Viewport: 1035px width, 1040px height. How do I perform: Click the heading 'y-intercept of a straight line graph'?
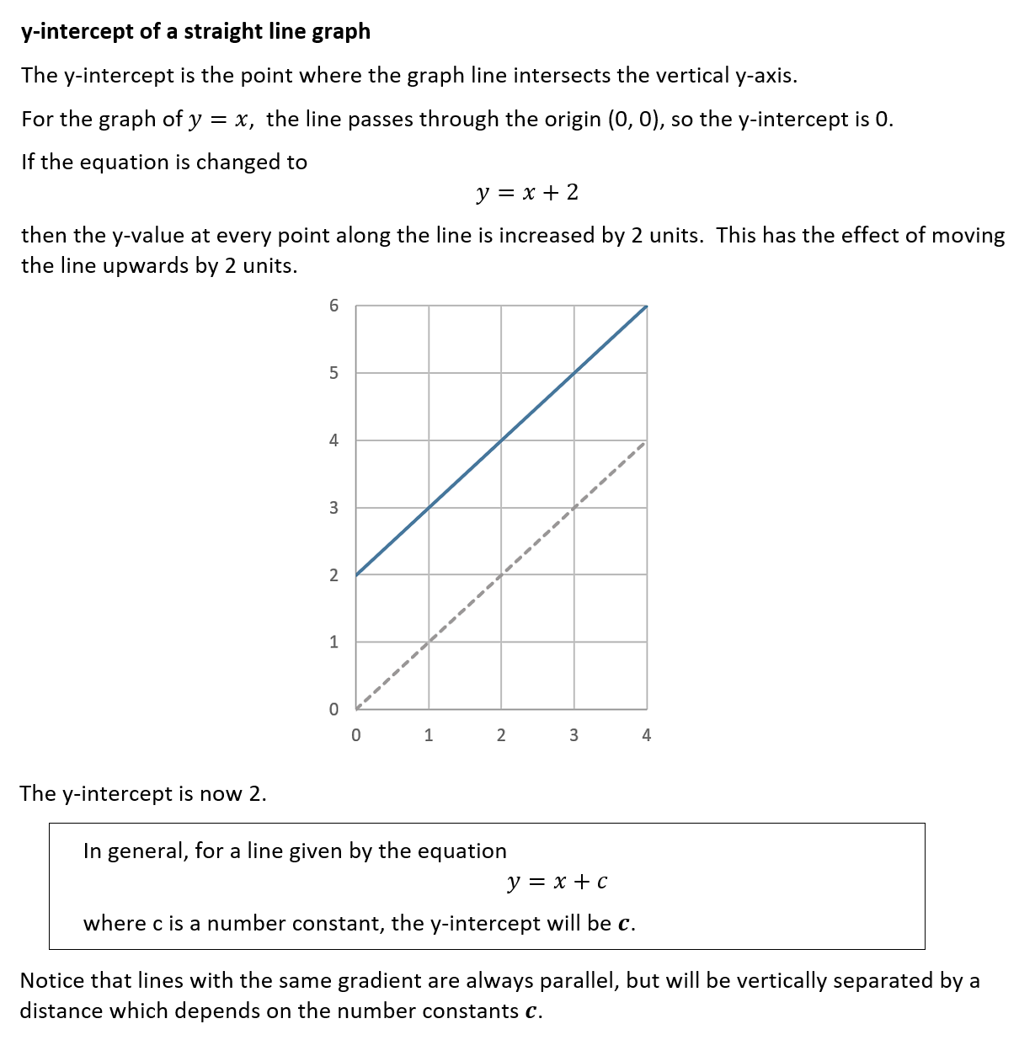(195, 31)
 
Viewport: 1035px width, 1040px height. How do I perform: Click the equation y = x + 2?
(527, 193)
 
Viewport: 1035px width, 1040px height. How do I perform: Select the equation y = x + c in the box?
(558, 882)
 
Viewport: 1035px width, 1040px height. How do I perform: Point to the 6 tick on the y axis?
(333, 306)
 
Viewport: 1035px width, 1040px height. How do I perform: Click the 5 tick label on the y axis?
(333, 373)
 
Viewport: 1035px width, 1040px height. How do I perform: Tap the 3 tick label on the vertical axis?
(333, 508)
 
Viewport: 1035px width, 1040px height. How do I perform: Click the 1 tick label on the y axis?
(333, 642)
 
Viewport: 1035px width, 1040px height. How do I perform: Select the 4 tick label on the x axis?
(646, 735)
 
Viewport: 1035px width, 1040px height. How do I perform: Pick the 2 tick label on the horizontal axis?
(501, 735)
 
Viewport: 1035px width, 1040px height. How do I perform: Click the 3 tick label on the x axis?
(574, 735)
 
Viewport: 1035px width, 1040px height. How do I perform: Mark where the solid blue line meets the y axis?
(356, 574)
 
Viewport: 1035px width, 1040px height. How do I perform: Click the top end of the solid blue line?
(646, 307)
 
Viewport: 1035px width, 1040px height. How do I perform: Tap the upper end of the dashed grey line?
(644, 442)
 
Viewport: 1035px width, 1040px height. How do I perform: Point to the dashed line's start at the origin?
(357, 707)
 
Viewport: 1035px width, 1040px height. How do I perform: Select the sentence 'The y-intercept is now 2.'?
(143, 793)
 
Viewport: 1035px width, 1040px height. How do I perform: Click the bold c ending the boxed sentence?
(624, 924)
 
